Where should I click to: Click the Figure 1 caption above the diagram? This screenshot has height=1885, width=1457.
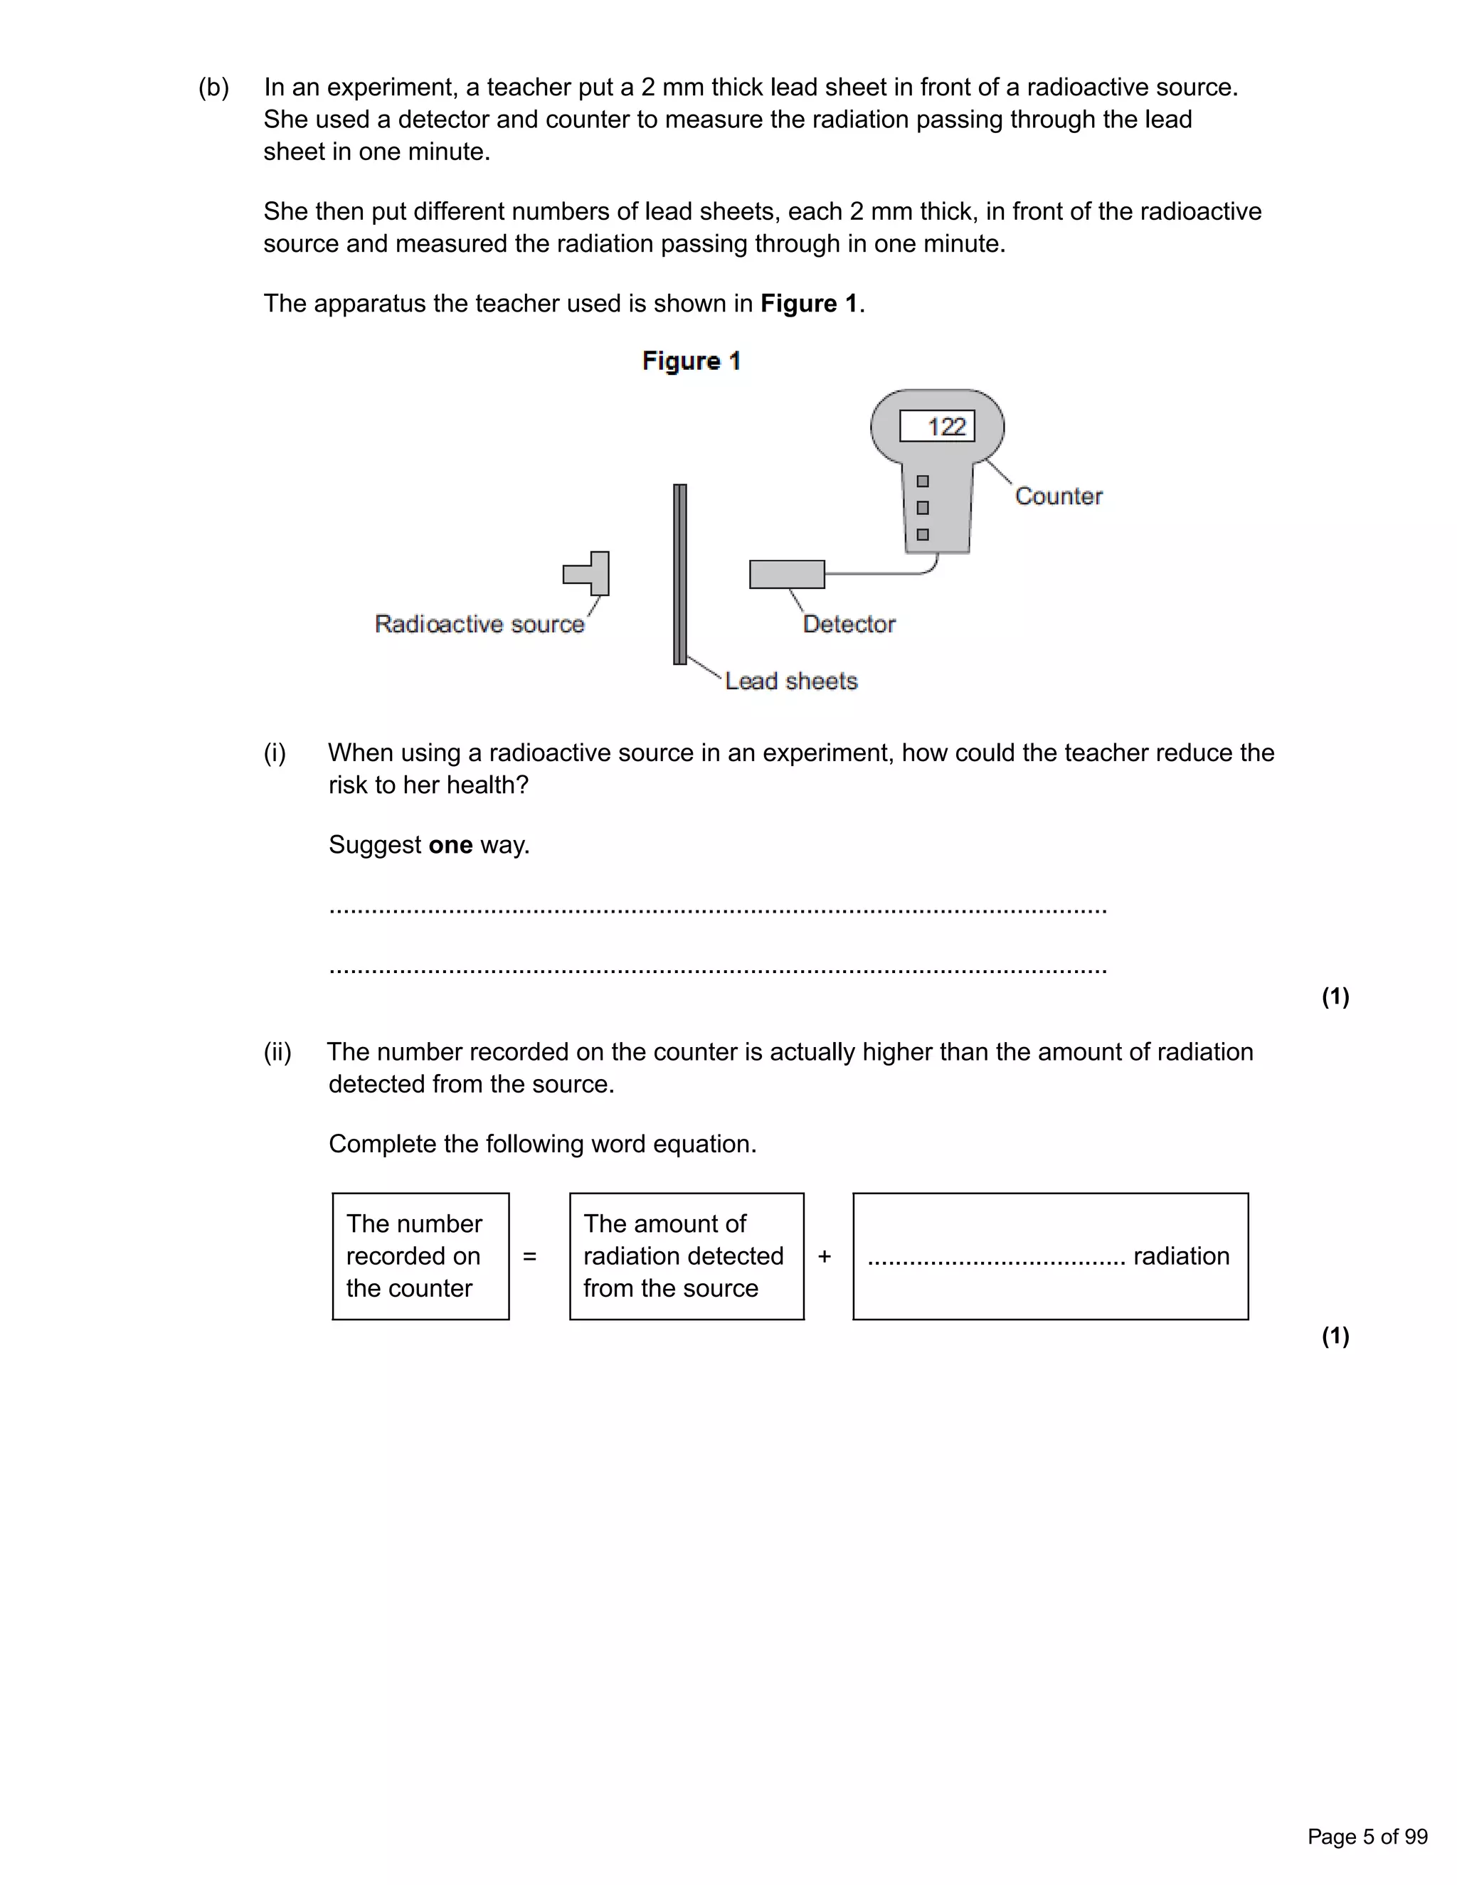click(x=691, y=361)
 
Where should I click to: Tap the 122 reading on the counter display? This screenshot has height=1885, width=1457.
click(x=945, y=426)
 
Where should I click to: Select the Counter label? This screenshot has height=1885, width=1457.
click(x=1058, y=497)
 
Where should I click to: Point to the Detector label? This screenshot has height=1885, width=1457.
click(x=849, y=624)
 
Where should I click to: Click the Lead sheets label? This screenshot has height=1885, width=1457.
click(x=790, y=681)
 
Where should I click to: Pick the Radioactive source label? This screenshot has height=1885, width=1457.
click(x=479, y=624)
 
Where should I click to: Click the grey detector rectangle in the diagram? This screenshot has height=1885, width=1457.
click(x=786, y=574)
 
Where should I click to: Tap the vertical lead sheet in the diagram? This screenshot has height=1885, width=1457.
click(x=680, y=574)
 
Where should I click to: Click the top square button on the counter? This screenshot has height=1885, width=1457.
click(x=923, y=482)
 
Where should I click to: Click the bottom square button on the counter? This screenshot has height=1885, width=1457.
click(x=923, y=535)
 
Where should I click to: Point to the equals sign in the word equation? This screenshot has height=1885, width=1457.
click(x=530, y=1257)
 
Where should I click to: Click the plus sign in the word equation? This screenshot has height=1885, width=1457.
click(x=825, y=1257)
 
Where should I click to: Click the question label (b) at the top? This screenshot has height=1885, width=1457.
click(x=214, y=87)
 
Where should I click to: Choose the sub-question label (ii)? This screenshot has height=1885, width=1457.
click(x=277, y=1052)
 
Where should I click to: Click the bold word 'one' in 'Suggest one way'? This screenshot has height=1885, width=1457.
click(x=450, y=844)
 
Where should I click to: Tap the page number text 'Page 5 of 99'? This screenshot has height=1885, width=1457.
click(x=1367, y=1836)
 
